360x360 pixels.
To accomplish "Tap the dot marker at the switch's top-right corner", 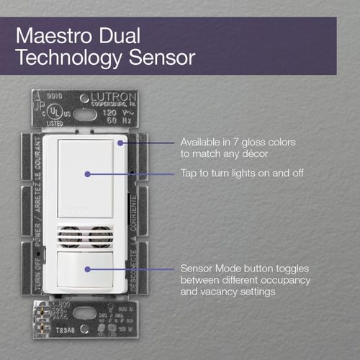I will (121, 143).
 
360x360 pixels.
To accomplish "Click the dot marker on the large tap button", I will (86, 174).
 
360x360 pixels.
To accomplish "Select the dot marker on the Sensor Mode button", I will (86, 269).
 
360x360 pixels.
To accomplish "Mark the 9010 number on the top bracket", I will (52, 94).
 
